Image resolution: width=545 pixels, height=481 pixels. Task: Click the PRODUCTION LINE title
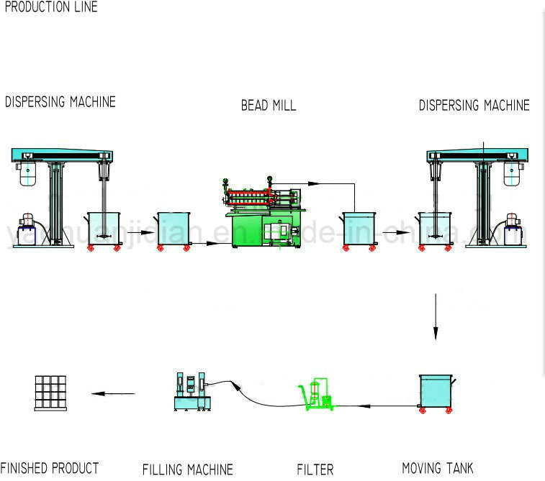50,7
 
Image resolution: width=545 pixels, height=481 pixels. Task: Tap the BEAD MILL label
268,106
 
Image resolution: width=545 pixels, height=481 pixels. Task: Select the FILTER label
315,469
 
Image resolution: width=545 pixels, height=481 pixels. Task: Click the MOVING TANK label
437,469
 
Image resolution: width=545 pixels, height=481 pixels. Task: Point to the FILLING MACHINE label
187,469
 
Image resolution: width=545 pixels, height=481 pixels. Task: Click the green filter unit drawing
317,395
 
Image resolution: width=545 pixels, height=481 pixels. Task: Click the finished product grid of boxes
53,393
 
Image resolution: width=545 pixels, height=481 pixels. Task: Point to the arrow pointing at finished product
112,393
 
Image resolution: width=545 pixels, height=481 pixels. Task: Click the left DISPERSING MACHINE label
60,101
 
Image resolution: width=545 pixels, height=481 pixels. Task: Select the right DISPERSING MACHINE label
474,106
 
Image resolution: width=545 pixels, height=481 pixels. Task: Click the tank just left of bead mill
174,229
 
